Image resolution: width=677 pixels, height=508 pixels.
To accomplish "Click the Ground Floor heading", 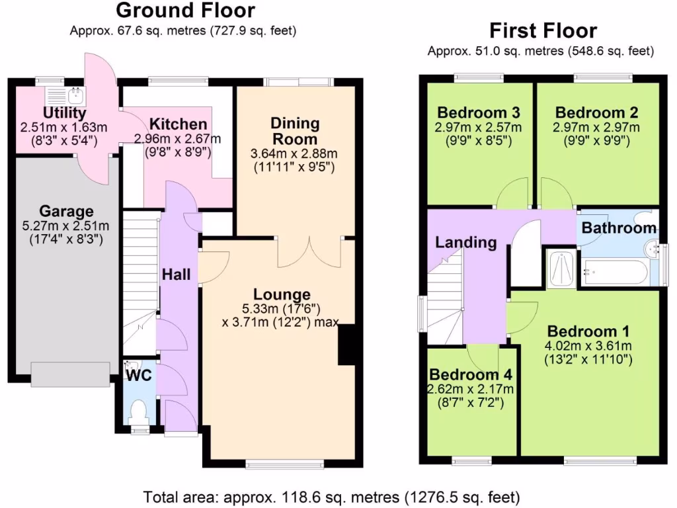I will click(x=185, y=11).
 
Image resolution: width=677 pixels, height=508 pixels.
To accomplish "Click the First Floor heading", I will click(x=543, y=30).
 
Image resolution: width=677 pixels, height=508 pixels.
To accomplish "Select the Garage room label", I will click(x=66, y=212).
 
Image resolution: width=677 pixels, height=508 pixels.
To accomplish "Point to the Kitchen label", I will click(x=177, y=124).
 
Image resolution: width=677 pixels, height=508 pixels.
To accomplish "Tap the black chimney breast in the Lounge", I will click(x=346, y=345).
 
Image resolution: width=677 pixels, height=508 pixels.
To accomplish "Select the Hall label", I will click(x=177, y=273).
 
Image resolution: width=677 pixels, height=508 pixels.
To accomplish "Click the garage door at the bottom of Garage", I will click(x=70, y=374).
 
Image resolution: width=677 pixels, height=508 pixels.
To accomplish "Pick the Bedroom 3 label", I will click(x=478, y=112).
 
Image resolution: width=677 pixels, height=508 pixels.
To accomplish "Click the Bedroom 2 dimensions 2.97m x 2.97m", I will click(x=597, y=127).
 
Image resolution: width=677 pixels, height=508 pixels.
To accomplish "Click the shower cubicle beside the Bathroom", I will click(x=561, y=268).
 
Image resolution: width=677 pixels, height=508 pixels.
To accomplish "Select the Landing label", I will click(x=465, y=243).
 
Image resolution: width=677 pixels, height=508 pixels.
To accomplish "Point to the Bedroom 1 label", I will click(x=588, y=331).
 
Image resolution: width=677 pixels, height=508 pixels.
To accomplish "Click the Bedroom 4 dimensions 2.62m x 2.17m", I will click(x=470, y=388).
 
